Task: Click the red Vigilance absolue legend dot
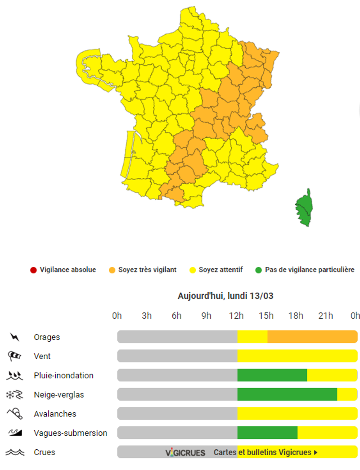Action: [33, 270]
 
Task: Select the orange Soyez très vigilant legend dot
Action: [112, 270]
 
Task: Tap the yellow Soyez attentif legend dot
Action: [192, 270]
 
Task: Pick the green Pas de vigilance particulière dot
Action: [258, 270]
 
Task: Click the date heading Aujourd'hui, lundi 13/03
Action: [225, 296]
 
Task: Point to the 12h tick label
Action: [236, 316]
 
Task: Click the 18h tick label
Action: [296, 316]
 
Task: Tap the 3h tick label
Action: [147, 316]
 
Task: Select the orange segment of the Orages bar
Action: [312, 337]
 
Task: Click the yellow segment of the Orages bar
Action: [252, 337]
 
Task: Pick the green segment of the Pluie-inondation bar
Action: [272, 375]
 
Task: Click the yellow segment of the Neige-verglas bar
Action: [347, 394]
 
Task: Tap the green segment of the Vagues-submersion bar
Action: [267, 433]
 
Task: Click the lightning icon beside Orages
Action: [15, 337]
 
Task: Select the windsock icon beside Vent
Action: [14, 356]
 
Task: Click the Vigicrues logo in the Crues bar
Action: [185, 452]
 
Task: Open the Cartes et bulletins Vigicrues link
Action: [265, 452]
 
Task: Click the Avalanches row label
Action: [55, 414]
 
